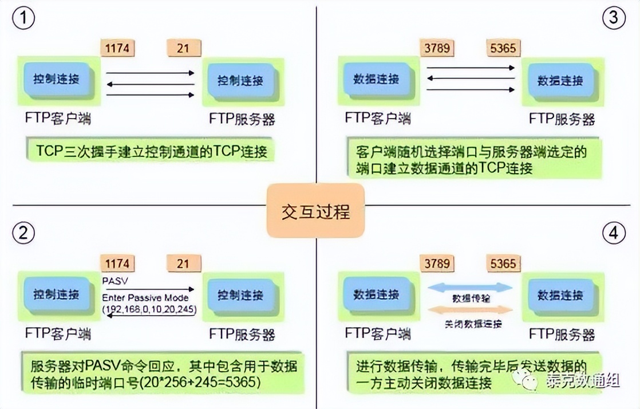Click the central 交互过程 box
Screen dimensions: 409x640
click(315, 211)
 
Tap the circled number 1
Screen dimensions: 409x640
click(23, 19)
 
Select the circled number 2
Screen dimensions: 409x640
click(23, 233)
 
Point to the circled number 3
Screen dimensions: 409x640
click(614, 19)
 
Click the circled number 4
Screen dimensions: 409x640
click(614, 233)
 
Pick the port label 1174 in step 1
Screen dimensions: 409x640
click(118, 48)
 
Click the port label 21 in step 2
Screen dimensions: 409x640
click(183, 264)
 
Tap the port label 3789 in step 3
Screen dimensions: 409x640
click(437, 48)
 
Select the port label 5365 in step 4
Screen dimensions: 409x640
click(503, 264)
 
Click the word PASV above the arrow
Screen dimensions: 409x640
click(112, 281)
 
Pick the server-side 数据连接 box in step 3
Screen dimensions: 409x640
click(560, 81)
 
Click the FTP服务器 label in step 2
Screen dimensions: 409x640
click(242, 334)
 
